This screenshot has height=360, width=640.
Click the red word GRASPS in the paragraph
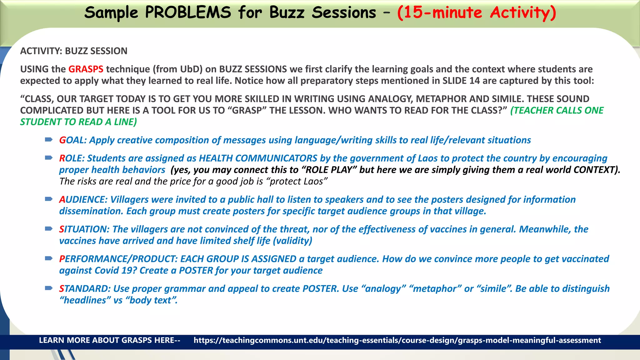coord(86,69)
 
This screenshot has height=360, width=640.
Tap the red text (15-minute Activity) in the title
coord(477,13)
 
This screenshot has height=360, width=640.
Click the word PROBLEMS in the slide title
coord(188,13)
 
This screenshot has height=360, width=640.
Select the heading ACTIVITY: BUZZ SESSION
coord(74,51)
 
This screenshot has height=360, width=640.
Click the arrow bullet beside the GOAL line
coord(49,140)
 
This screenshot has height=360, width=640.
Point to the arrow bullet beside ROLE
coord(49,158)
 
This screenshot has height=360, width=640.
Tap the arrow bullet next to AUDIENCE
coord(49,199)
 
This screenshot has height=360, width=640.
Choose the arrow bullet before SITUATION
coord(49,229)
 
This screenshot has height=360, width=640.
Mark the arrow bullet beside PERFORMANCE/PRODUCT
coord(49,258)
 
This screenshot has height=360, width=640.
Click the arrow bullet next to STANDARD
coord(49,288)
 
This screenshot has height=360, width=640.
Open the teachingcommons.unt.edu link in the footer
coord(397,340)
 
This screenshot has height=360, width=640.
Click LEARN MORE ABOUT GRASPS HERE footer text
coord(109,340)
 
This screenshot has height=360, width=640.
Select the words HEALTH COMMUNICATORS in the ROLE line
coord(258,158)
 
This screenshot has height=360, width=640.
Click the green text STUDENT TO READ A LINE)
coord(78,122)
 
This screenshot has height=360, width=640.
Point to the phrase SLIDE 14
coord(461,81)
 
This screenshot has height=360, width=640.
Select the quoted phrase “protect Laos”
coord(298,182)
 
